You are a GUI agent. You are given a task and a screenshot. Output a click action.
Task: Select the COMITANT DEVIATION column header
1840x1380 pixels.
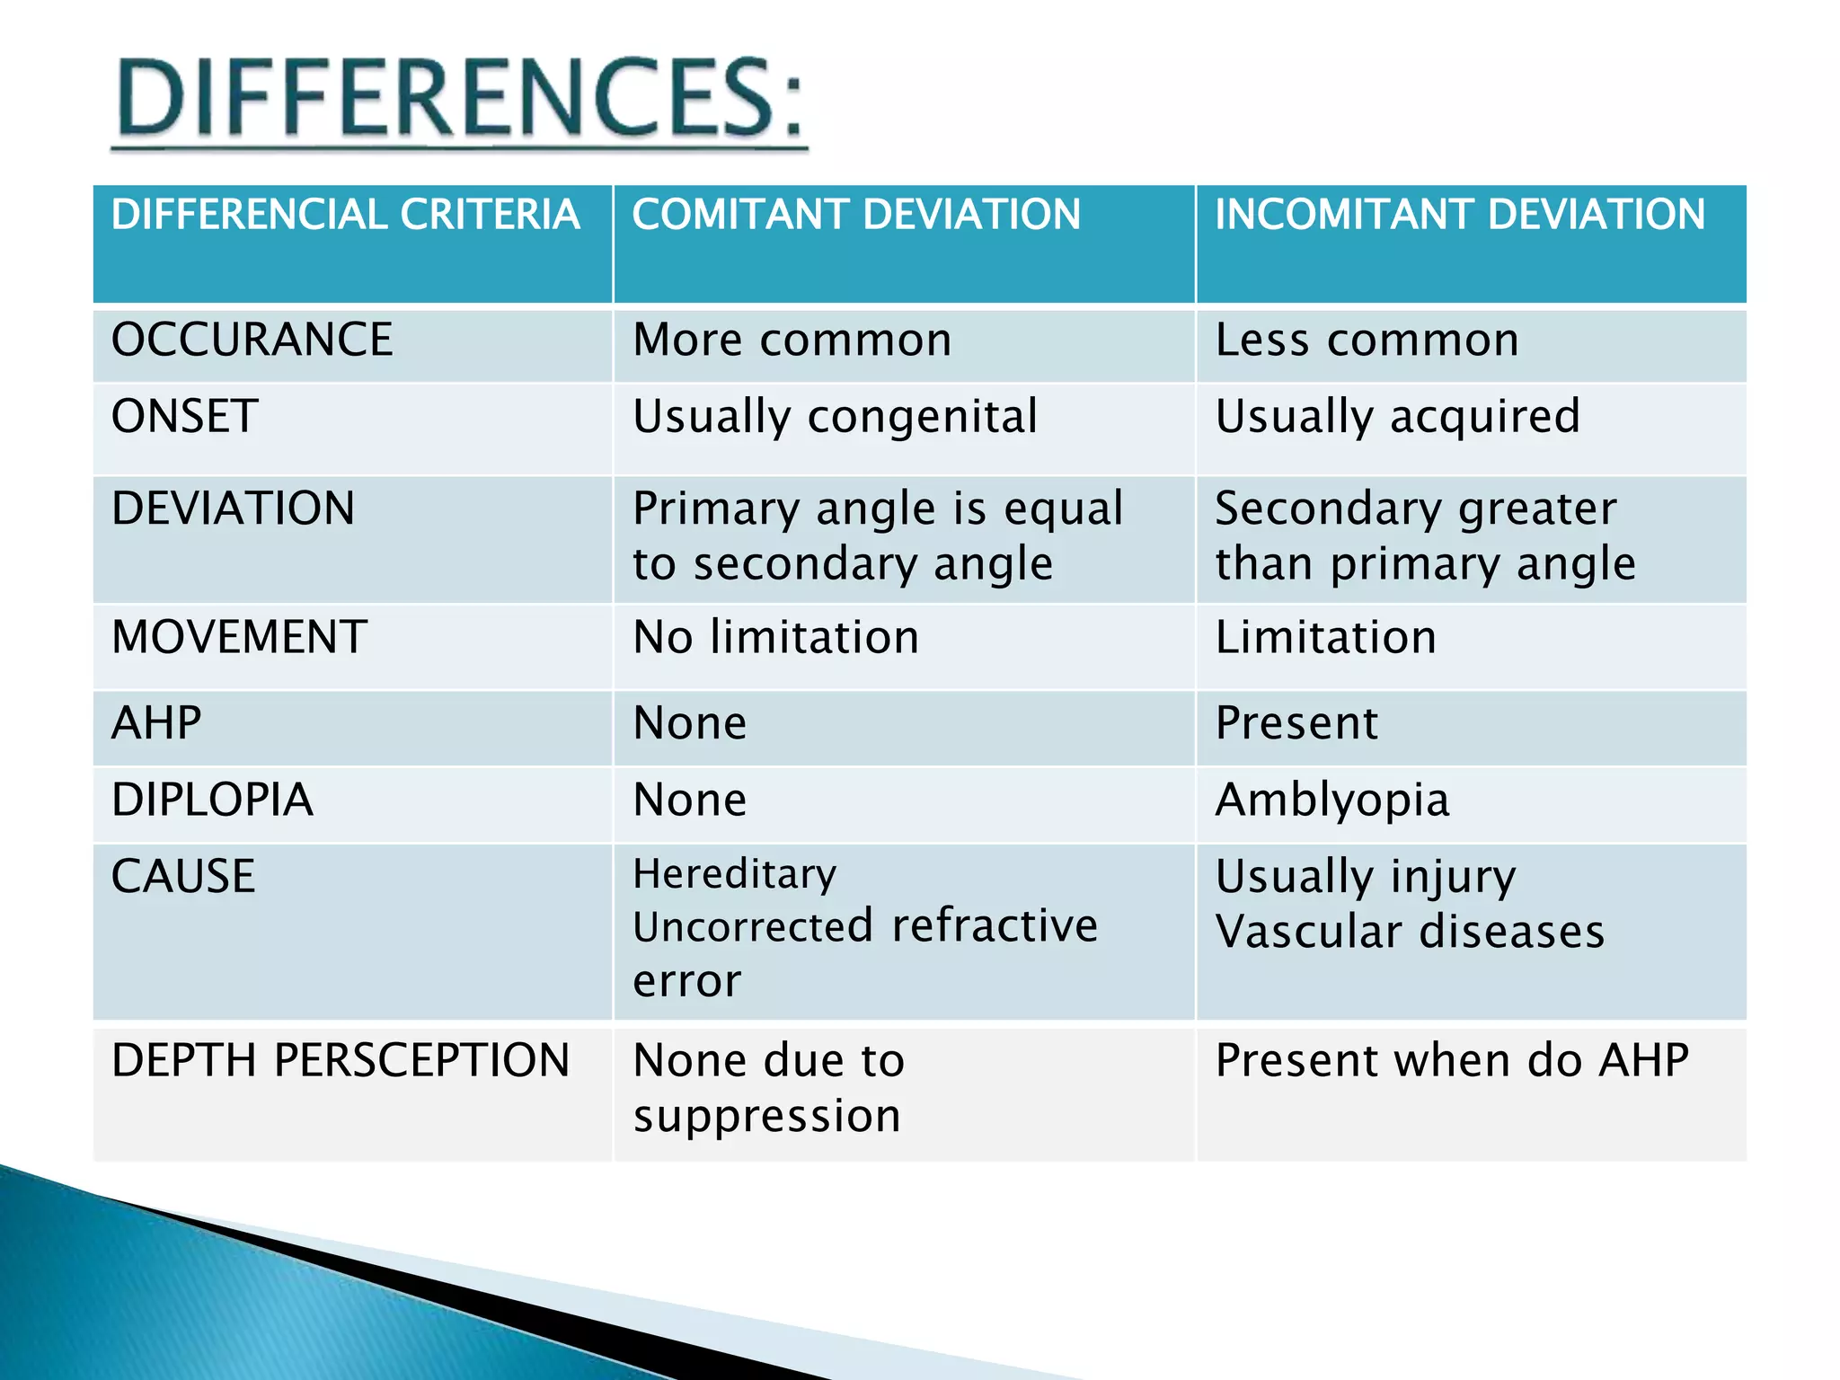point(855,215)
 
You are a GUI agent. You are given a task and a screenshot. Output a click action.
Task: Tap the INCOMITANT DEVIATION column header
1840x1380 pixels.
point(1459,215)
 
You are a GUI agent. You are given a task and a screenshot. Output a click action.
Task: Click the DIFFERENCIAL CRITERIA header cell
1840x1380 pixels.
point(345,215)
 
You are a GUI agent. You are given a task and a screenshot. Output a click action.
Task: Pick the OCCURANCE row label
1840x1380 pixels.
point(252,340)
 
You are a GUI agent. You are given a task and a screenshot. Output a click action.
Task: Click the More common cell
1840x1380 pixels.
point(792,340)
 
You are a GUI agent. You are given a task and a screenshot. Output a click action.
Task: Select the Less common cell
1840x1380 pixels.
point(1367,340)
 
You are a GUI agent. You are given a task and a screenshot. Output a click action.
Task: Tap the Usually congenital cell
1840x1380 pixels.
point(835,417)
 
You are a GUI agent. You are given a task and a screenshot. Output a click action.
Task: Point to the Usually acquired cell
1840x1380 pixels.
point(1397,417)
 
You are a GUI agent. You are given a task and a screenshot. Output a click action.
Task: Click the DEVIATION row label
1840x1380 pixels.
point(233,509)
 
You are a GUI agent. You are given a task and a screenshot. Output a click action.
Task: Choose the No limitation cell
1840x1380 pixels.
point(775,638)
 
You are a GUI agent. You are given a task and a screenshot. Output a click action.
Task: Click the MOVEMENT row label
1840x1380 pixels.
point(239,638)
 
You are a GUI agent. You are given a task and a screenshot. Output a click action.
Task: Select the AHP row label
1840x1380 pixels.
point(156,723)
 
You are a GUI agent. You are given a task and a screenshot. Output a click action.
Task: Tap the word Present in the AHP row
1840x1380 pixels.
point(1296,723)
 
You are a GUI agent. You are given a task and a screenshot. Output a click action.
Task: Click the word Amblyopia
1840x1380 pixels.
point(1331,800)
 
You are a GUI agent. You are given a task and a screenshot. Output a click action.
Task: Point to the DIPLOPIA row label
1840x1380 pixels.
point(212,800)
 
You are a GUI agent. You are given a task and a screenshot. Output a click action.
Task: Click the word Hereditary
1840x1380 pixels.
point(734,874)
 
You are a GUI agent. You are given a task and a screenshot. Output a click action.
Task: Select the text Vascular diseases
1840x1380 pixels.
point(1409,932)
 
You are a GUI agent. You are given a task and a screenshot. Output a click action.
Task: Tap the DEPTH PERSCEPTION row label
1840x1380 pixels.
point(341,1060)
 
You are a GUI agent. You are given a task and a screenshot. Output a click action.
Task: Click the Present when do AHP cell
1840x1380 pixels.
point(1451,1060)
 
